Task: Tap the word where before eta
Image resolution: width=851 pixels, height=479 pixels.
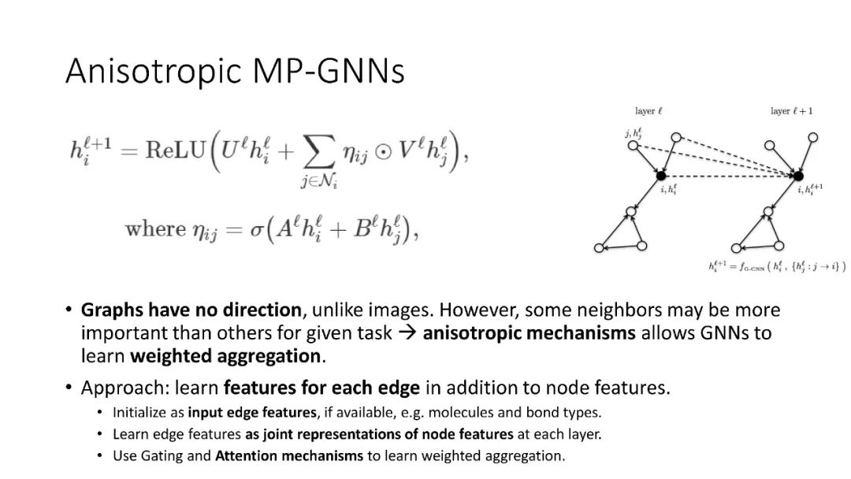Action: pyautogui.click(x=154, y=229)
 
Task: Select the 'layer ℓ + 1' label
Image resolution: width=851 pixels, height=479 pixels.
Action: pyautogui.click(x=791, y=112)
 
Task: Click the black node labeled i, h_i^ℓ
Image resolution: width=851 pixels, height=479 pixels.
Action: pyautogui.click(x=661, y=176)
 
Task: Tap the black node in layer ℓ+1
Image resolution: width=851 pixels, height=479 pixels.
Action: pyautogui.click(x=798, y=176)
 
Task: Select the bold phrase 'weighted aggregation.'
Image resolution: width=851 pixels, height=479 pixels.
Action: pyautogui.click(x=226, y=355)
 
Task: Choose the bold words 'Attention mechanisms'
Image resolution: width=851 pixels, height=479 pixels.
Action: pyautogui.click(x=289, y=455)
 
